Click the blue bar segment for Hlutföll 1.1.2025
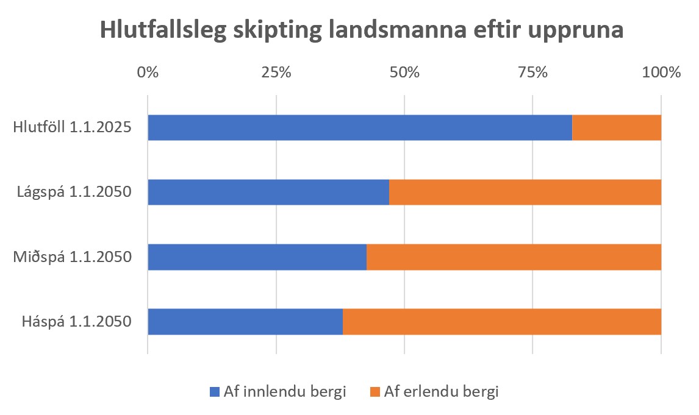[x=360, y=128]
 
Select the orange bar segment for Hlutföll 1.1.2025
[x=617, y=128]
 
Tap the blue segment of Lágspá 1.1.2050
[x=268, y=193]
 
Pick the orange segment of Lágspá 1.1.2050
[x=525, y=193]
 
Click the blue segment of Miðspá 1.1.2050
[x=257, y=257]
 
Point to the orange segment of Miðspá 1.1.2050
[x=514, y=257]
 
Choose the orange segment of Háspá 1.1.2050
[x=502, y=322]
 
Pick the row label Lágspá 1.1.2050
[x=74, y=193]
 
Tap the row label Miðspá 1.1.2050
[x=73, y=257]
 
